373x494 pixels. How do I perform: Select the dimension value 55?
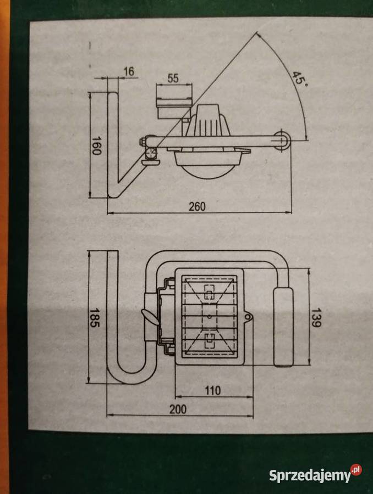[x=173, y=78]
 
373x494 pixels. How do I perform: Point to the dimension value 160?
[x=97, y=145]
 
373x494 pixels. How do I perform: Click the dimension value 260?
[x=196, y=206]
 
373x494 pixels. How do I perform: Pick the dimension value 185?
[x=96, y=318]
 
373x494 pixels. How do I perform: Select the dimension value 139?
[x=315, y=317]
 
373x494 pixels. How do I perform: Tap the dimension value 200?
[x=178, y=409]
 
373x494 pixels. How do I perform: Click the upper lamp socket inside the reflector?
[x=209, y=293]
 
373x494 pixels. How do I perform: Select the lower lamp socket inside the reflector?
[x=209, y=339]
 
